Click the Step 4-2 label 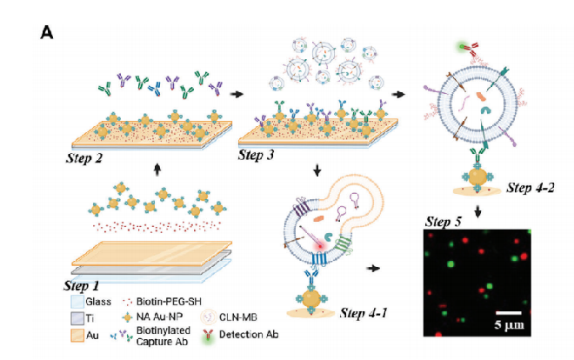click(531, 187)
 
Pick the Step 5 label click(445, 222)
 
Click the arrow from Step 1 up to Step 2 click(157, 171)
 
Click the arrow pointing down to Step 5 click(478, 213)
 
